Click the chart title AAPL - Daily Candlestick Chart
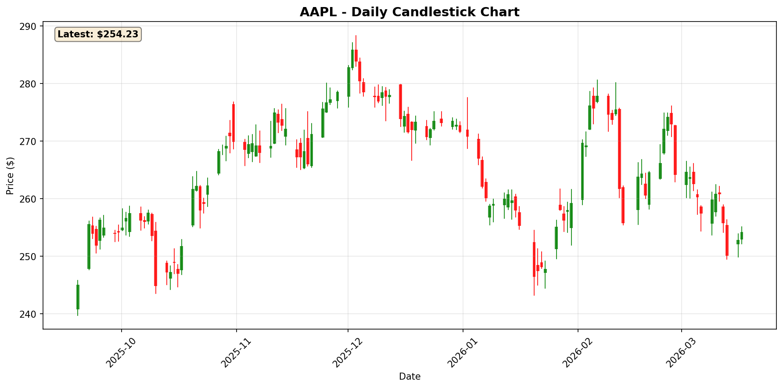coord(409,12)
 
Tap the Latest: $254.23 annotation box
coord(98,34)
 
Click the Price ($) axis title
coord(10,175)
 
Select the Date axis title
coord(409,377)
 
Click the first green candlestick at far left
coord(78,297)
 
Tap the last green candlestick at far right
coord(742,236)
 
